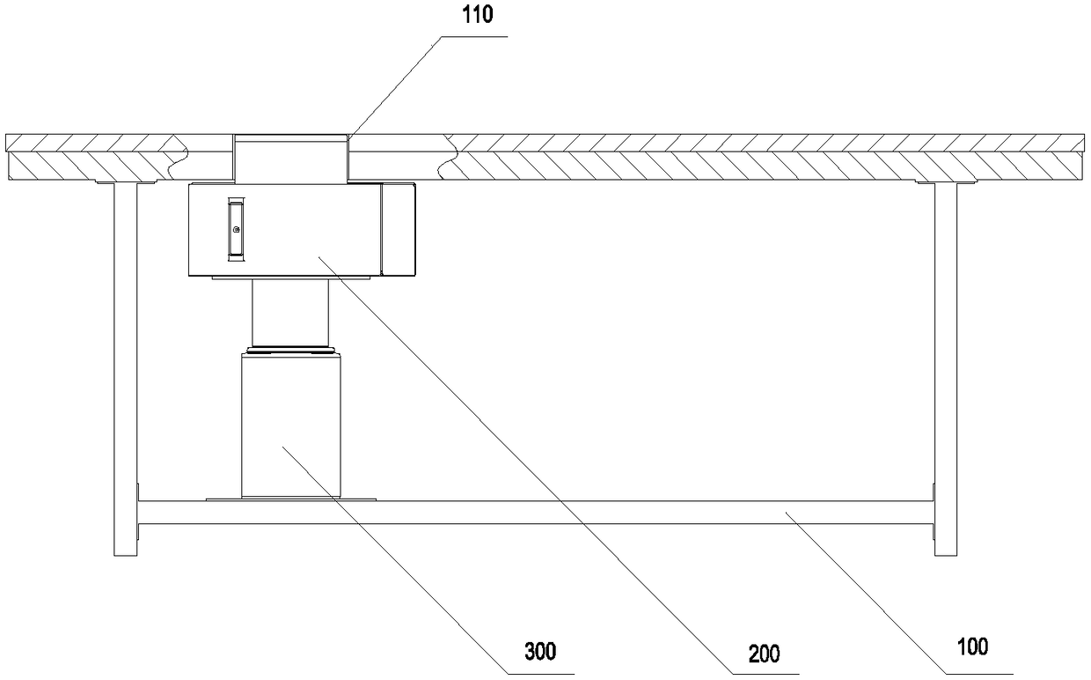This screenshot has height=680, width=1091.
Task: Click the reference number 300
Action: pyautogui.click(x=539, y=652)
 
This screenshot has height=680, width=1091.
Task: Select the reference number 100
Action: pyautogui.click(x=971, y=647)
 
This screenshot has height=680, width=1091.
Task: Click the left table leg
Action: pyautogui.click(x=126, y=370)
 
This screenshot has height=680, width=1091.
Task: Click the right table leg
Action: pyautogui.click(x=945, y=370)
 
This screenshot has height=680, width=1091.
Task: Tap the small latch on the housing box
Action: pyautogui.click(x=235, y=229)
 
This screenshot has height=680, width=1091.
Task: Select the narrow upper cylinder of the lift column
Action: pyautogui.click(x=290, y=312)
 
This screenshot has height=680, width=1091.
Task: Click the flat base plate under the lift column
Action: pyautogui.click(x=290, y=499)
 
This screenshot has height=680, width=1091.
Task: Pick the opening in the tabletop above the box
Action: pyautogui.click(x=291, y=159)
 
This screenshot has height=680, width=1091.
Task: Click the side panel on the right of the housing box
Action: pyautogui.click(x=399, y=227)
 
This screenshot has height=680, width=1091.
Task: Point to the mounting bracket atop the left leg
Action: pyautogui.click(x=126, y=182)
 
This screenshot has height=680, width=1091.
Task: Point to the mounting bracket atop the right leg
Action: pyautogui.click(x=945, y=182)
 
